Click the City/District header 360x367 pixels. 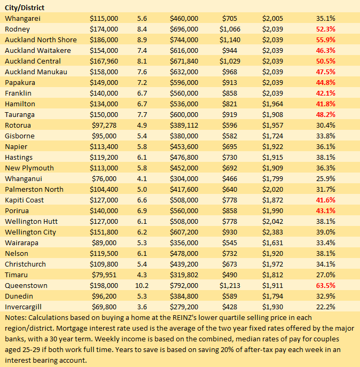pos(25,7)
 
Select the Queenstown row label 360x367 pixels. pos(26,285)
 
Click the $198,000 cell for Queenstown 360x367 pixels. pos(104,285)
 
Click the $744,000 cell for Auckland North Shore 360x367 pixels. pos(184,40)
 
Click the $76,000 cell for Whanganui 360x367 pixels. pos(106,178)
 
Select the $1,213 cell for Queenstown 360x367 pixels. pos(230,285)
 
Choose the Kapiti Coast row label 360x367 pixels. pos(24,200)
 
